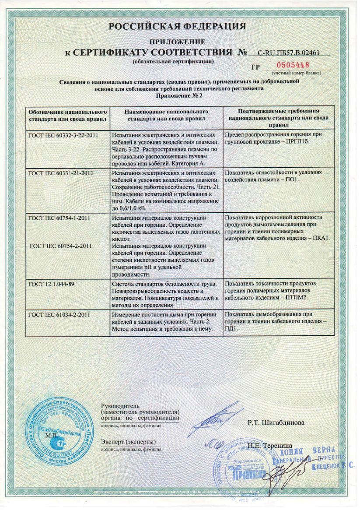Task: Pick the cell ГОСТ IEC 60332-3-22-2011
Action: point(63,135)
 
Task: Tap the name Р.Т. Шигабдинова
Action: point(276,423)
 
